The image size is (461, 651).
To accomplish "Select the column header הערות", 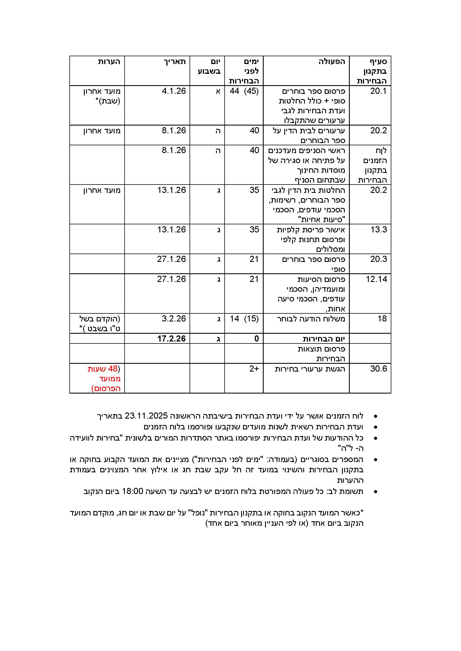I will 109,62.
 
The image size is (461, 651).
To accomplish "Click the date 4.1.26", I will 174,91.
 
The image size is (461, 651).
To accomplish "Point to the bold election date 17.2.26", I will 171,338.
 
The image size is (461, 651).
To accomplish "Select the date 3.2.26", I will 174,319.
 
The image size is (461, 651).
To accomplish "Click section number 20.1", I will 378,91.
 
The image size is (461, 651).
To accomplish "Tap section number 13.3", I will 378,229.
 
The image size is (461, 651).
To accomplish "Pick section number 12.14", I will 376,279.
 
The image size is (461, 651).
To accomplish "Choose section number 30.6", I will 378,369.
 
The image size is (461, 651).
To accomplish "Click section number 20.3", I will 378,259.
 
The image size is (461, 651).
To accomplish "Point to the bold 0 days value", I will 256,338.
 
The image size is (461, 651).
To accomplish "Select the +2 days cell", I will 254,369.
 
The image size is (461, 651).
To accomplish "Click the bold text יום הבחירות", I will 324,339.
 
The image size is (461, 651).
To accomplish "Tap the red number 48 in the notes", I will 113,369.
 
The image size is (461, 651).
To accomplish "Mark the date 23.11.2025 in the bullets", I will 146,416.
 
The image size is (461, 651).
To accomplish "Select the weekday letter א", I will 218,91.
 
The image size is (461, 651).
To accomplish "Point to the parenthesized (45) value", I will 251,91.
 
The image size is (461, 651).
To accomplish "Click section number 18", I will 382,319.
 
